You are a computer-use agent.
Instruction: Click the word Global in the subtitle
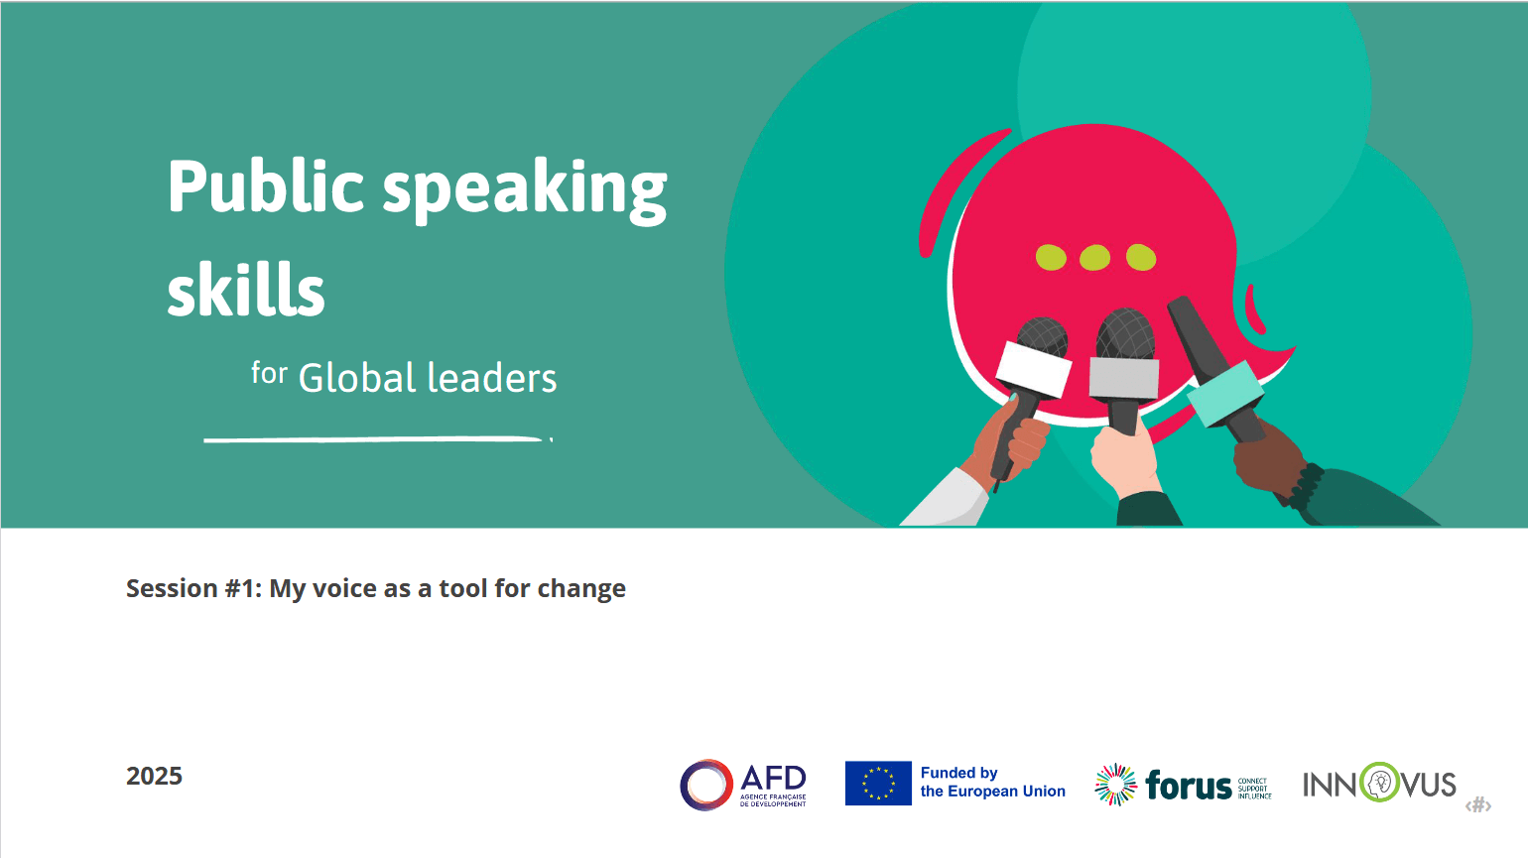[x=357, y=378]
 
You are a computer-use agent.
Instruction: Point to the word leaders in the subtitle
[x=492, y=378]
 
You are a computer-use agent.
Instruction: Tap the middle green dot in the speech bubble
[x=1094, y=258]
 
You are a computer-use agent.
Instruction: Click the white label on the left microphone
[x=1033, y=368]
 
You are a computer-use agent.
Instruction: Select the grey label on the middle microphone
[x=1124, y=378]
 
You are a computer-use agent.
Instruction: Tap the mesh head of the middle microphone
[x=1125, y=332]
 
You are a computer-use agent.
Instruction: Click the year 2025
[x=154, y=776]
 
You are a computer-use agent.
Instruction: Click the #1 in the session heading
[x=244, y=588]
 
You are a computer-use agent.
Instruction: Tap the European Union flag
[x=878, y=783]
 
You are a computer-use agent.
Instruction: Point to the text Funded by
[x=958, y=773]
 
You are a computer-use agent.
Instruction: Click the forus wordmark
[x=1189, y=786]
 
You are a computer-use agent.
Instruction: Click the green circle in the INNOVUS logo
[x=1378, y=783]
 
